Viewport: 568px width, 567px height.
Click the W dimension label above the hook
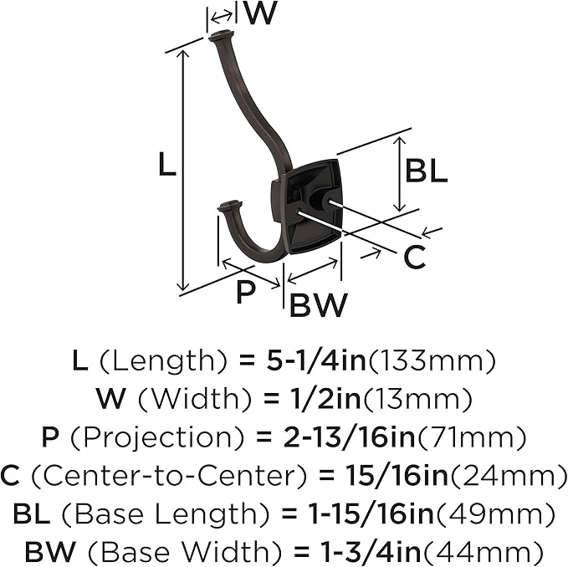pos(259,13)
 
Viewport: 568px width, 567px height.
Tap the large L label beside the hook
pos(167,164)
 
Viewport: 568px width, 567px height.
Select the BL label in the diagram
pos(427,171)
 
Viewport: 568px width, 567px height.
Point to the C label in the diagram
pos(414,258)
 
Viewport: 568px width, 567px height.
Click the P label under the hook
pos(245,292)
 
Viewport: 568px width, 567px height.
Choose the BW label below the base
pos(318,305)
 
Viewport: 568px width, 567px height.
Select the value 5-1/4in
pos(316,361)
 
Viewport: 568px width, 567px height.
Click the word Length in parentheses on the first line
pos(162,362)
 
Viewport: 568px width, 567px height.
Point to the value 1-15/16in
pos(371,513)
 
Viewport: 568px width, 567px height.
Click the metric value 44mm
pos(483,551)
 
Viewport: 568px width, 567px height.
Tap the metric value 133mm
pos(431,362)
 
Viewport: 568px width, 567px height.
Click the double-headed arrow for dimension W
pos(222,16)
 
